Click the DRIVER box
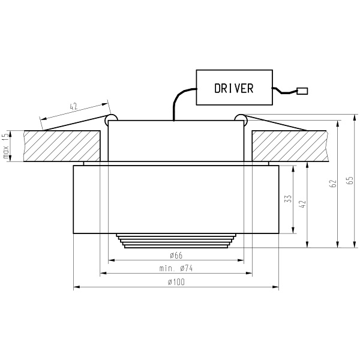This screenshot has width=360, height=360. click(233, 88)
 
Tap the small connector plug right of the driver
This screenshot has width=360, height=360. click(302, 91)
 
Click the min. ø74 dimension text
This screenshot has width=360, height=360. click(176, 268)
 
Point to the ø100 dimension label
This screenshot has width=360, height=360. click(176, 282)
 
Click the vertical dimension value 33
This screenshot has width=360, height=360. click(287, 199)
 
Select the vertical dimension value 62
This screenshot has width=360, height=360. click(332, 184)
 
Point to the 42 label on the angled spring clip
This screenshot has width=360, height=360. click(74, 107)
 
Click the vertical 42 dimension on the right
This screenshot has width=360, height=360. click(302, 204)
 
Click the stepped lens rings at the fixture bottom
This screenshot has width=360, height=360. click(176, 240)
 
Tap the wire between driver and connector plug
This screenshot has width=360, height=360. click(285, 92)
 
